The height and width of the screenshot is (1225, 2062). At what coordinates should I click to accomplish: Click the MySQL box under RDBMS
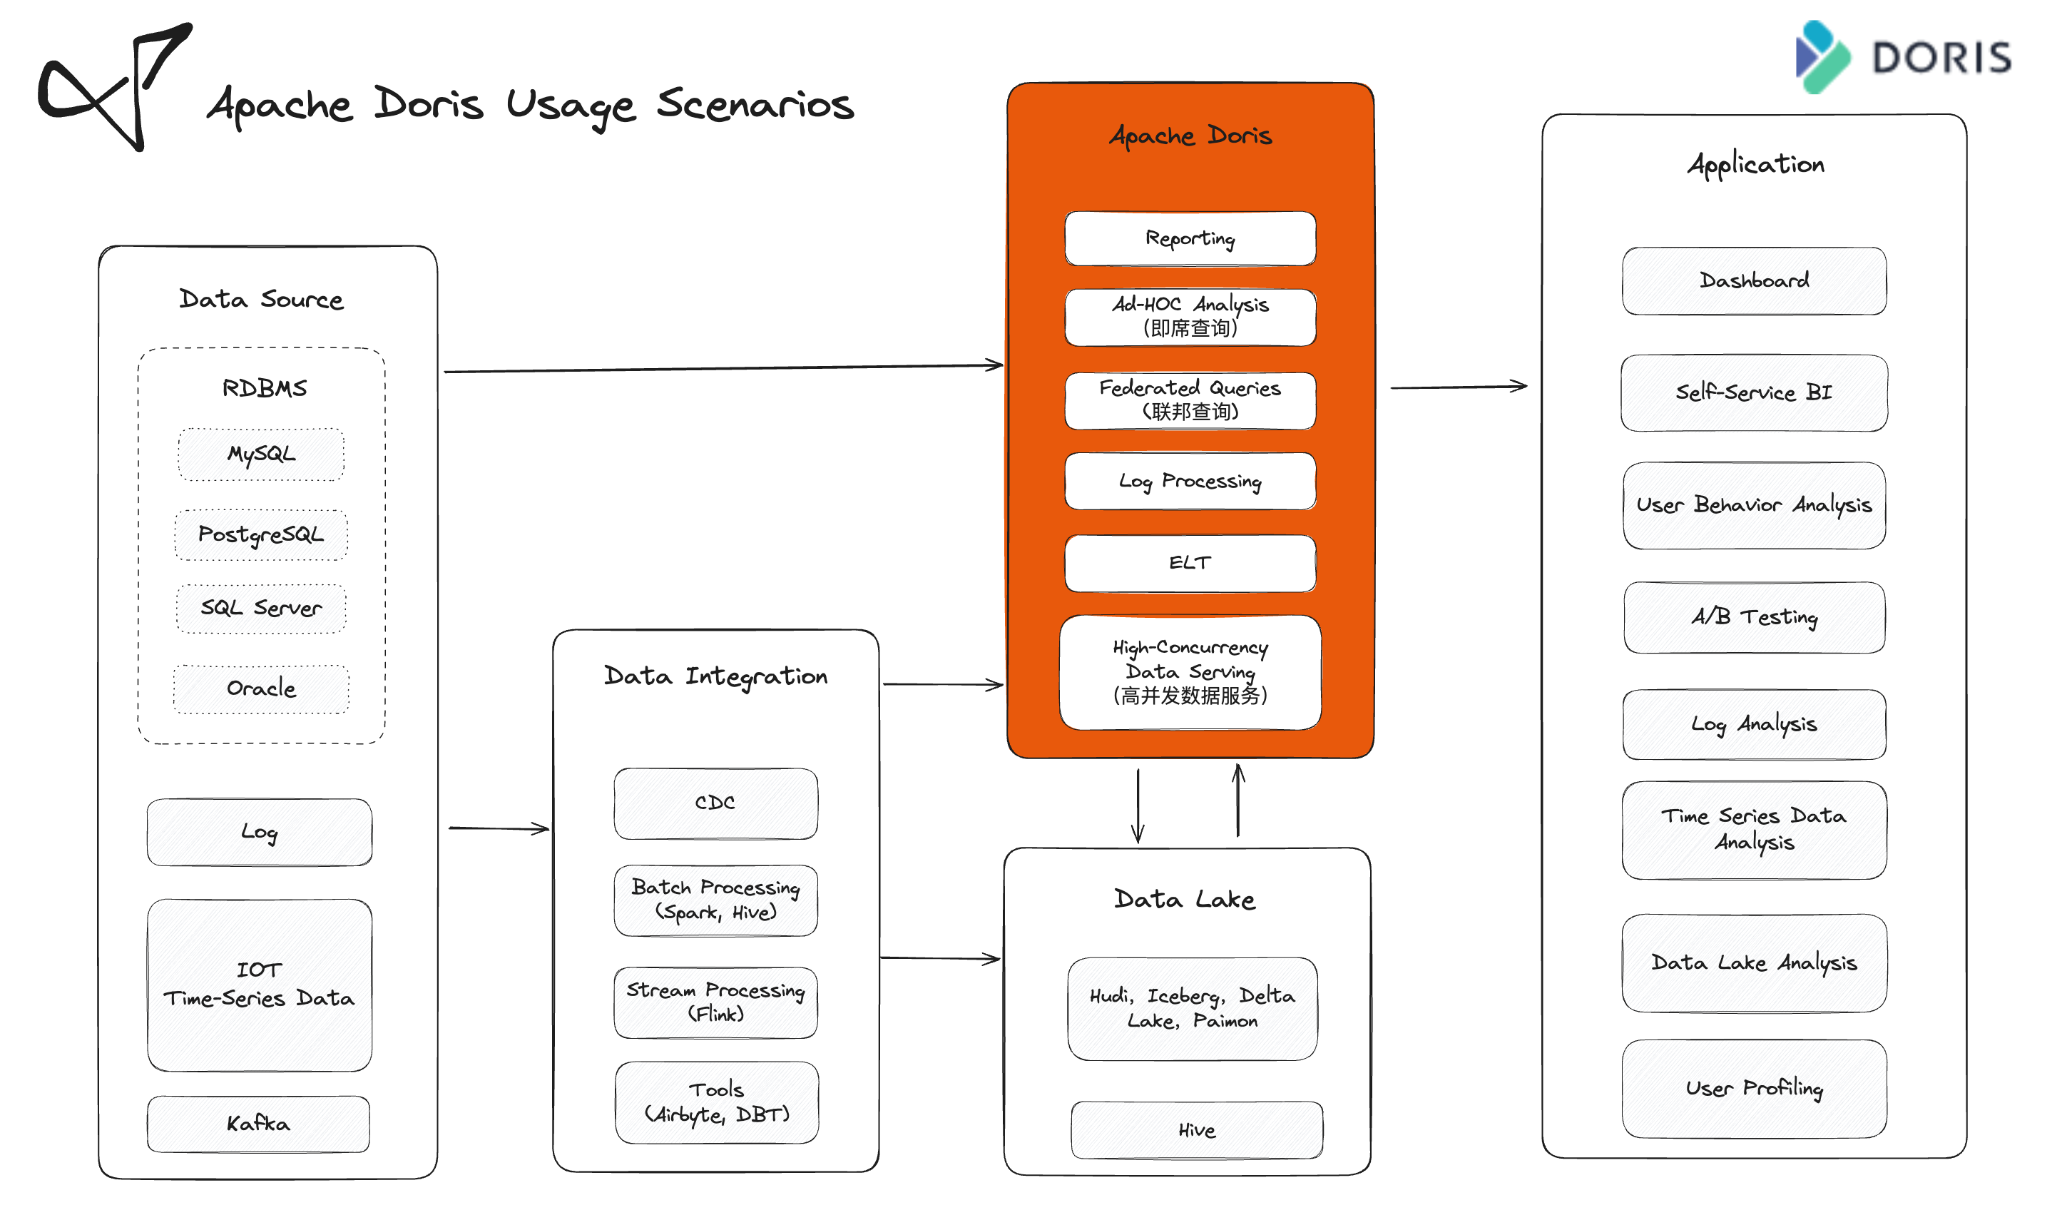tap(261, 454)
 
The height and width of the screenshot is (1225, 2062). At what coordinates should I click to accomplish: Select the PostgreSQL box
tap(261, 535)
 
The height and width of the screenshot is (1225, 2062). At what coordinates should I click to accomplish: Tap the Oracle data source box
tap(261, 688)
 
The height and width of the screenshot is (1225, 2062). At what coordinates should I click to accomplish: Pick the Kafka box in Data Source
tap(258, 1124)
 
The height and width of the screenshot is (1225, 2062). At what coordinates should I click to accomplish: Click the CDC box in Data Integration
tap(715, 803)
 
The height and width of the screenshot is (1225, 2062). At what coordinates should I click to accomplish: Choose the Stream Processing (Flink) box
tap(715, 1002)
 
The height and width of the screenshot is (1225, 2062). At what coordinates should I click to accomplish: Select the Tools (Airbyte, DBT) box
tap(716, 1102)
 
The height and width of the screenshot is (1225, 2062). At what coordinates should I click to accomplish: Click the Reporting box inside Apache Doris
tap(1190, 238)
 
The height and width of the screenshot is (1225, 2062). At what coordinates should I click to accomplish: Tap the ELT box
tap(1190, 563)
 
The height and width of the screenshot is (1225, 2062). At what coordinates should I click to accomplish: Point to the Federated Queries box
tap(1190, 400)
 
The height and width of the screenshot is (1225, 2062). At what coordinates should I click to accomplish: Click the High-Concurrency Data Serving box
tap(1190, 672)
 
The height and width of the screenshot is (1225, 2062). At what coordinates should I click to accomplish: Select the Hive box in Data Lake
tap(1196, 1130)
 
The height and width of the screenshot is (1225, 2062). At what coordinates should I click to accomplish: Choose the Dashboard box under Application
tap(1754, 280)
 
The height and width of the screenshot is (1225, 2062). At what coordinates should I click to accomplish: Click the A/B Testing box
tap(1754, 617)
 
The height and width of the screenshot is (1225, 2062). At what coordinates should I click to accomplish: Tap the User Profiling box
tap(1754, 1089)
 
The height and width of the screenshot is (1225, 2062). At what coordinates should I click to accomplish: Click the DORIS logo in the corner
tap(1904, 57)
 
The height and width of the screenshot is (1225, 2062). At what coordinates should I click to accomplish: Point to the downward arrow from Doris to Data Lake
tap(1138, 805)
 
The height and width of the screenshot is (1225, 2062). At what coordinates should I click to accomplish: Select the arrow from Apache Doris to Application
tap(1459, 386)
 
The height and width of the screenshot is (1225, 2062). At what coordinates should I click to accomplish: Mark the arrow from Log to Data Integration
tap(499, 828)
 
